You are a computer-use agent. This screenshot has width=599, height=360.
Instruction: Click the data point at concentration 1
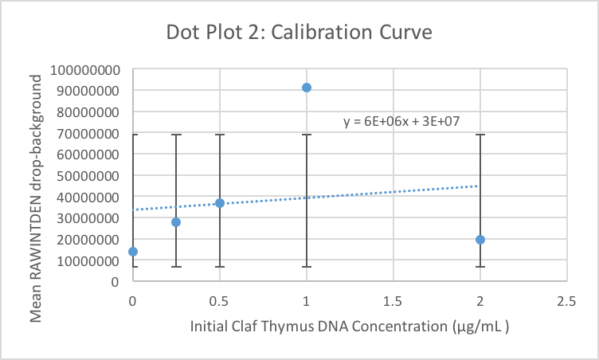307,88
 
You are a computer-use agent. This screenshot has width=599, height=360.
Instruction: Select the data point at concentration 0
133,252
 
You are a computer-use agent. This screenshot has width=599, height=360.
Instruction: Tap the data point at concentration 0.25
176,222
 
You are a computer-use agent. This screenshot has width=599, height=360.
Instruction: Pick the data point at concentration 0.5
220,203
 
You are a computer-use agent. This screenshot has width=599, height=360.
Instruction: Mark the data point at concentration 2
480,240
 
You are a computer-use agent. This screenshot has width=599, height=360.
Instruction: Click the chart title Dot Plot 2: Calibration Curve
299,33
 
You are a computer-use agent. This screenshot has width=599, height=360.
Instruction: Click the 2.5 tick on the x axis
566,300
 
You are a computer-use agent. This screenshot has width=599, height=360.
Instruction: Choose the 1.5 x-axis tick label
393,300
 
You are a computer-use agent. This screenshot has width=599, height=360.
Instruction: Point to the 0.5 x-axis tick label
220,300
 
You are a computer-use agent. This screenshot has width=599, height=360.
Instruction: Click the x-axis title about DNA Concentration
350,327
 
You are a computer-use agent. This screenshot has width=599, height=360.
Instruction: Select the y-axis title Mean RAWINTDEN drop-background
37,194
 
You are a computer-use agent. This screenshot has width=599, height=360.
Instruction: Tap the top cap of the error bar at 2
480,135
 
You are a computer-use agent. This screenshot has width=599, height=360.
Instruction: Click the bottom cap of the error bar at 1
307,267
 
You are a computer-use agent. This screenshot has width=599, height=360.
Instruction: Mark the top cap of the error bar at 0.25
176,135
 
